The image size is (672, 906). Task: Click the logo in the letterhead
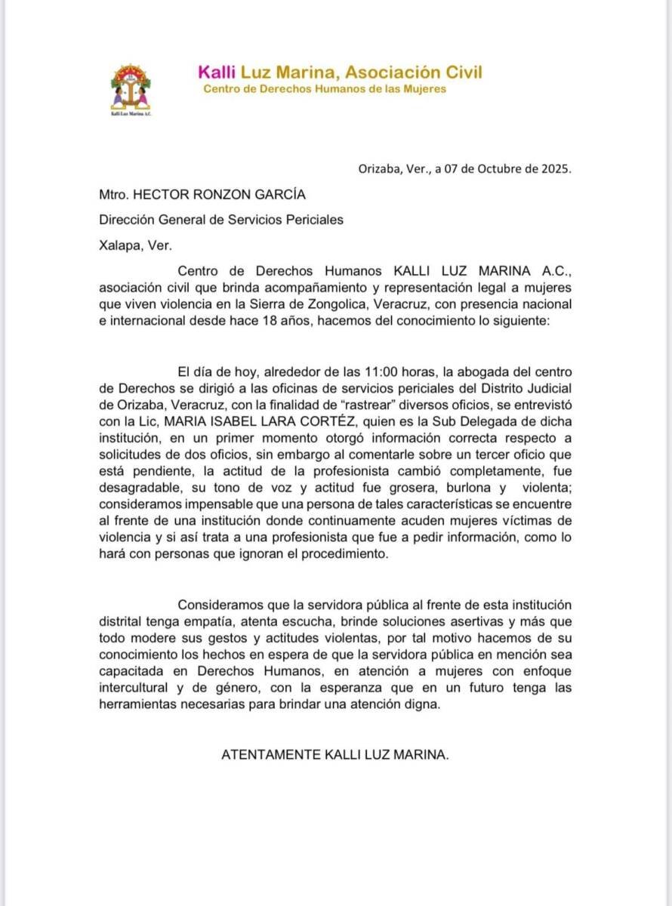[x=131, y=88]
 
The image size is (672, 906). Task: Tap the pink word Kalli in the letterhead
[x=217, y=72]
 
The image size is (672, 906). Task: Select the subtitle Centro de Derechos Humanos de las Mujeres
[x=325, y=89]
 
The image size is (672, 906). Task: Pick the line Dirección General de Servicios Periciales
[x=221, y=220]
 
